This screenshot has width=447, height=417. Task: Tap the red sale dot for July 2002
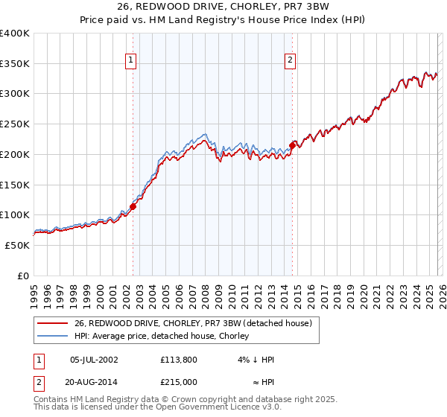[x=133, y=206]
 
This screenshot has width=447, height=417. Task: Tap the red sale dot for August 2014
[x=293, y=144]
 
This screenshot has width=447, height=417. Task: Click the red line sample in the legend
[x=52, y=322]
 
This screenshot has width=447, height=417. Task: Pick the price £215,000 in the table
[x=182, y=382]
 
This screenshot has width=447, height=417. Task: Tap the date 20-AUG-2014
[x=94, y=382]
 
